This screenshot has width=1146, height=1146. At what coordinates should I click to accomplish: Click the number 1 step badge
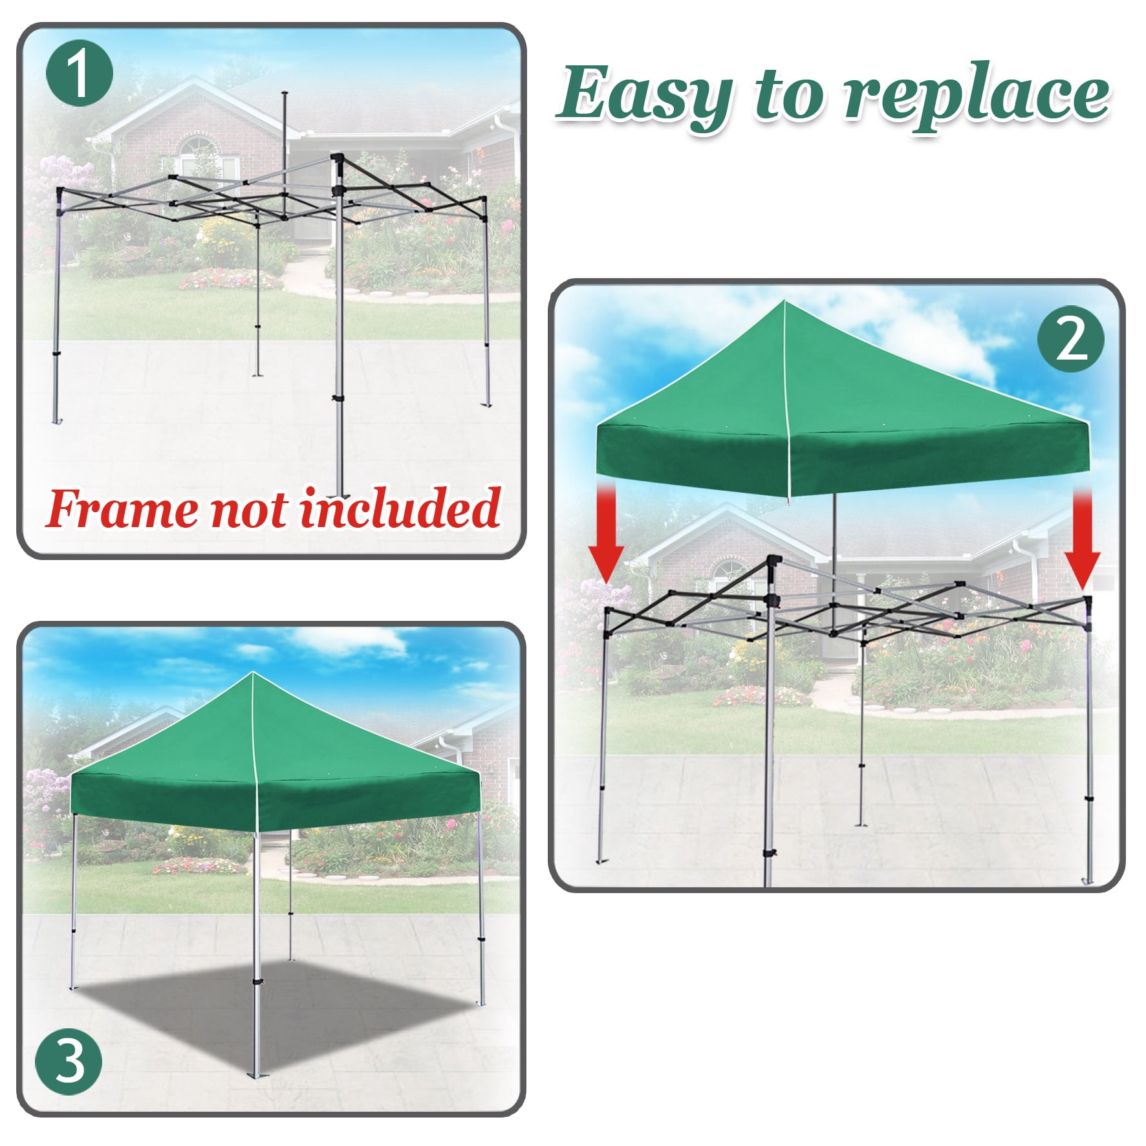click(x=80, y=73)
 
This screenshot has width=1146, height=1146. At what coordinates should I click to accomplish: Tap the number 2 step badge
click(x=1072, y=339)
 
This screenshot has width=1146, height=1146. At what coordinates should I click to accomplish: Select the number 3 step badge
click(x=69, y=1061)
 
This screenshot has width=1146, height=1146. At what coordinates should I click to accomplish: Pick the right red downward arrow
click(x=1083, y=537)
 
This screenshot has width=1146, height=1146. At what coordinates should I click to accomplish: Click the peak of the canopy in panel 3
click(x=253, y=673)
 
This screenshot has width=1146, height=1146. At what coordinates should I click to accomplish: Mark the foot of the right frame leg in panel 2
click(x=1088, y=881)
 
